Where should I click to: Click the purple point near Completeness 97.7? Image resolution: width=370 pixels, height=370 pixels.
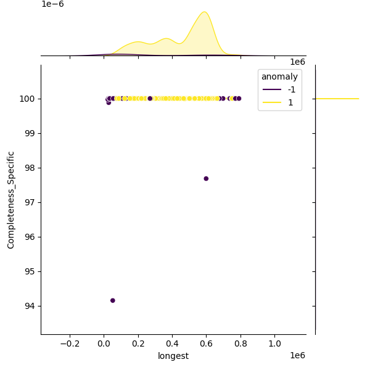206,178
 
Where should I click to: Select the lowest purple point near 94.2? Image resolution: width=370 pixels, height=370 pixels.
112,300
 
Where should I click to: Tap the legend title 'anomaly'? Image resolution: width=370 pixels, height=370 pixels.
279,76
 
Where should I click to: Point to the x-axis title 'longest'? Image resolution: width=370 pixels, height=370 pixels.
173,356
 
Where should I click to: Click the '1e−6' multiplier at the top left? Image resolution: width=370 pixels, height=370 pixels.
52,4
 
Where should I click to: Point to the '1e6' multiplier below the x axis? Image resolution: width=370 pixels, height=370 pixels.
297,355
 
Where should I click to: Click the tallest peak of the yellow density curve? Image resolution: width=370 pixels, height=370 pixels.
203,12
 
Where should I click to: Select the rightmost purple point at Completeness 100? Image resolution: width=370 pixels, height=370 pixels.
239,99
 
